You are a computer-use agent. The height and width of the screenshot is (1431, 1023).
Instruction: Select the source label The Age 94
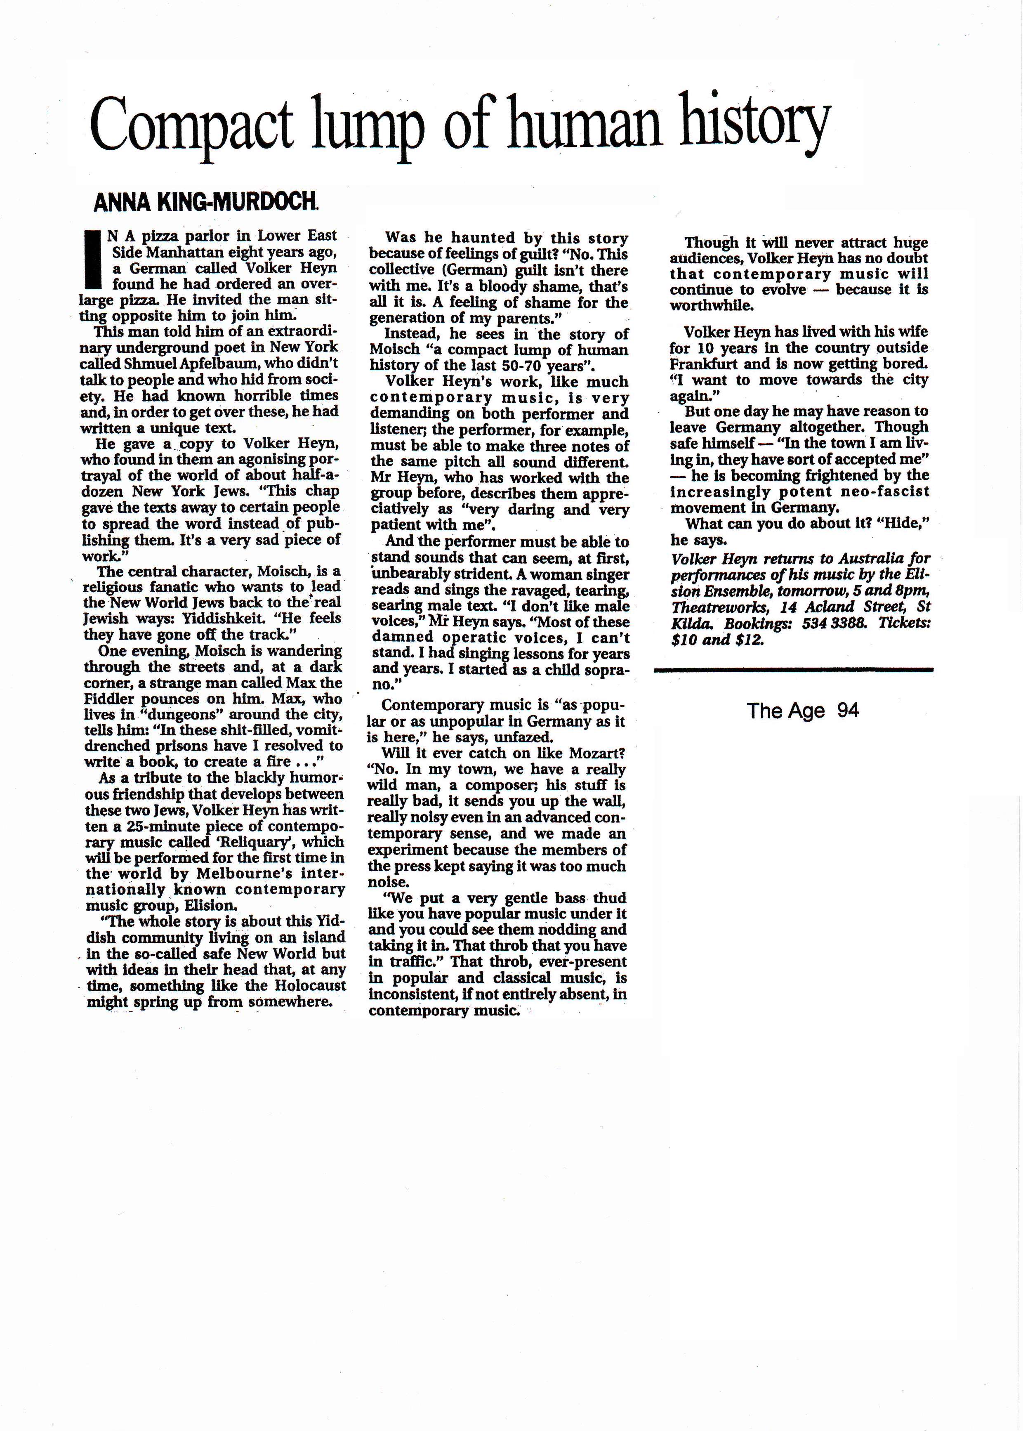click(x=803, y=711)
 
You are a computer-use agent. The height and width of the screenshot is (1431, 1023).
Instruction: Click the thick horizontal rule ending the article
click(x=793, y=670)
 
